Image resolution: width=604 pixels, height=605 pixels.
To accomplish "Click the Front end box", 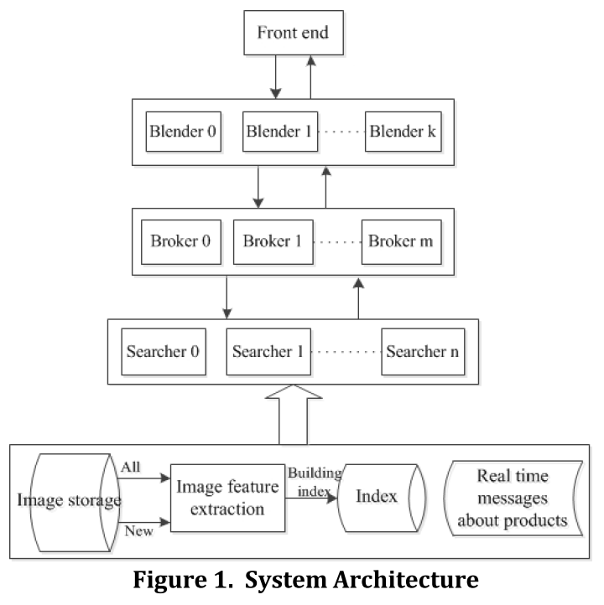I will click(x=293, y=35).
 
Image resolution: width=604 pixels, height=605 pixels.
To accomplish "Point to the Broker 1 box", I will click(x=272, y=241).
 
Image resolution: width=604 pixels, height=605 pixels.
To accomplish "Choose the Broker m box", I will click(x=399, y=241).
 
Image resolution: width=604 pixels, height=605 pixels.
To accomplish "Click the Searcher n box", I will click(x=424, y=349).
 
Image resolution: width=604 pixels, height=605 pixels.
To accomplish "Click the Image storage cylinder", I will click(x=70, y=501).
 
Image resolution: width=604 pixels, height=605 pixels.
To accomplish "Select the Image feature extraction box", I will click(x=227, y=498).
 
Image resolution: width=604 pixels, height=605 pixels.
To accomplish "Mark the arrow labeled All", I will click(x=145, y=480).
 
